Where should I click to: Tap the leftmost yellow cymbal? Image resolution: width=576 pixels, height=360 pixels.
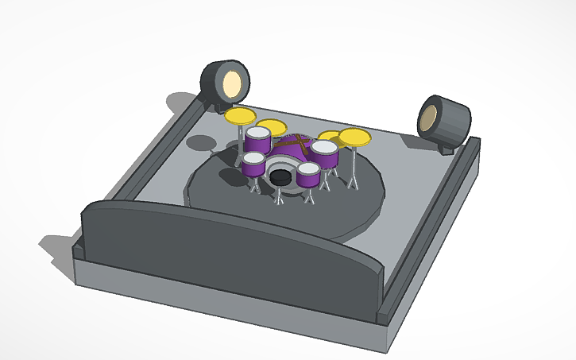click(x=240, y=116)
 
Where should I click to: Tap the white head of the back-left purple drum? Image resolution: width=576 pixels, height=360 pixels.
click(x=258, y=134)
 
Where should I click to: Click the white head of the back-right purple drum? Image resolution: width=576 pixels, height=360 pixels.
click(x=324, y=147)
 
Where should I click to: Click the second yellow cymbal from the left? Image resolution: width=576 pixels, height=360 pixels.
click(x=273, y=126)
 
